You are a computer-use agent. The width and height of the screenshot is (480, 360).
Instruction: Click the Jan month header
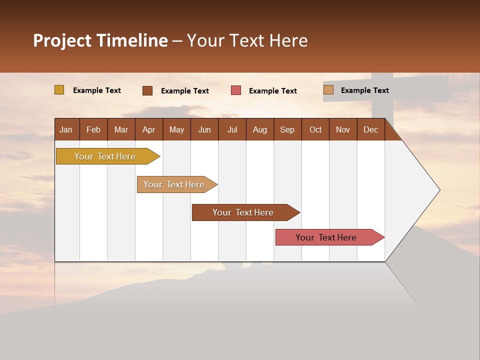[66, 129]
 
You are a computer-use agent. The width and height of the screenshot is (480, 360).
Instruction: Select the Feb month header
[93, 129]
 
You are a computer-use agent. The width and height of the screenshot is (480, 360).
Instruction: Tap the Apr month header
[149, 129]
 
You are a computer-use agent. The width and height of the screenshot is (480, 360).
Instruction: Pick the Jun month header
[204, 129]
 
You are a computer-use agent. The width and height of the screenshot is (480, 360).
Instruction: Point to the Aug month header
[260, 129]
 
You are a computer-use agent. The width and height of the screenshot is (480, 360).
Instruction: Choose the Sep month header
[287, 129]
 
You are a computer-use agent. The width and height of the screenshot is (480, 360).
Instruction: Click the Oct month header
[315, 129]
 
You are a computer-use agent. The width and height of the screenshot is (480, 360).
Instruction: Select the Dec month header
[371, 129]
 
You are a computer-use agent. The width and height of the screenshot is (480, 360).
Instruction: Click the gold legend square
[59, 90]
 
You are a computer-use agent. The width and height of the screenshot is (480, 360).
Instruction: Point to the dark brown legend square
[147, 90]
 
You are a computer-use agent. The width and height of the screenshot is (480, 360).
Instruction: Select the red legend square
[236, 90]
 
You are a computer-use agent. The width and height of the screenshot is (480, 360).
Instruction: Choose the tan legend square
[328, 90]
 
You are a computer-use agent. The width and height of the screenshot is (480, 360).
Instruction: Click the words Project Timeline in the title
[100, 40]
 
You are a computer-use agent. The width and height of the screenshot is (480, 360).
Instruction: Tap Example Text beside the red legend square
[273, 90]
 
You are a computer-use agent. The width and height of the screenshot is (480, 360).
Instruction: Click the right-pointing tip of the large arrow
[438, 190]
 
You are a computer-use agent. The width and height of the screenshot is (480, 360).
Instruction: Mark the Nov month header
[343, 129]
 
